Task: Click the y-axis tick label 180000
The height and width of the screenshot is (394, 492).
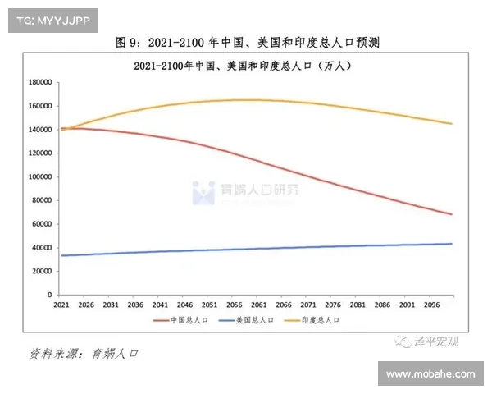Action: click(40, 82)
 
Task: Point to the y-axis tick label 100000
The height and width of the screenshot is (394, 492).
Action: click(40, 176)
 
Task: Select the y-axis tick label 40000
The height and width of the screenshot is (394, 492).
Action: click(43, 247)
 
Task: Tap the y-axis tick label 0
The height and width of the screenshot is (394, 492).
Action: click(50, 295)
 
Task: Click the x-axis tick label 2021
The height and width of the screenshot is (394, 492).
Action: click(61, 305)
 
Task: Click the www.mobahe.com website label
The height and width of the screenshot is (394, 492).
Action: click(430, 374)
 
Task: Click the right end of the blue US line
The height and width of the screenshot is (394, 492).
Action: click(452, 244)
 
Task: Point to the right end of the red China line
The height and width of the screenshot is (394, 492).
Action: click(452, 214)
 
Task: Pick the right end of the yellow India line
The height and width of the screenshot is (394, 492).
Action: click(452, 124)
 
